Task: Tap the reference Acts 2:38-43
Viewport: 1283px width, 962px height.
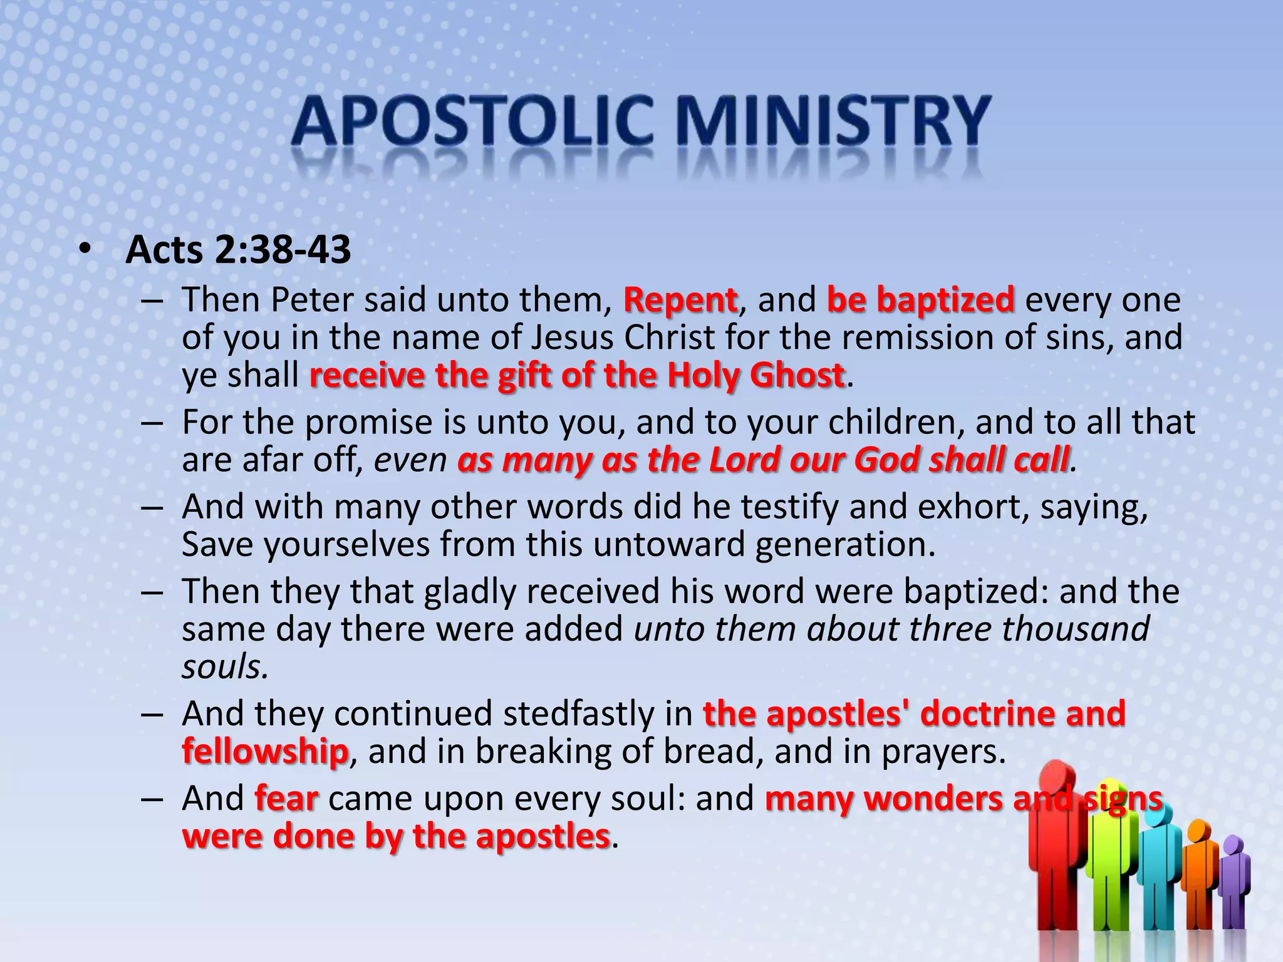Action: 238,250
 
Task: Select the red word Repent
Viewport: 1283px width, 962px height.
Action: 680,299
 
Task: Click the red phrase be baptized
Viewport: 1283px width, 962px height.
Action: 920,299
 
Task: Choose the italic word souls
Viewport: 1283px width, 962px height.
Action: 224,666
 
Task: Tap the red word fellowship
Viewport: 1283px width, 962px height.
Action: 265,751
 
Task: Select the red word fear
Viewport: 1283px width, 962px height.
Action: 286,799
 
